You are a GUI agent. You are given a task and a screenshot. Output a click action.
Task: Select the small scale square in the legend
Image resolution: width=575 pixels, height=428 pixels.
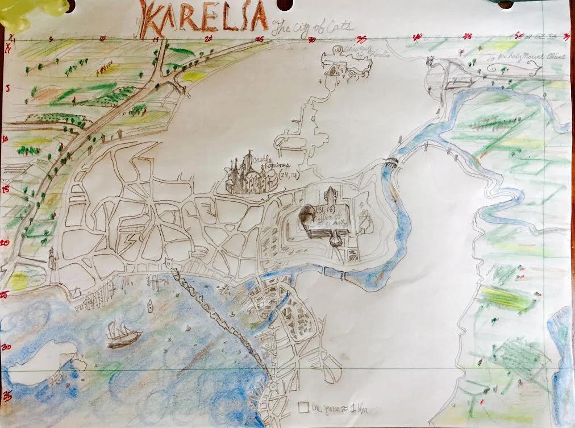[303, 407]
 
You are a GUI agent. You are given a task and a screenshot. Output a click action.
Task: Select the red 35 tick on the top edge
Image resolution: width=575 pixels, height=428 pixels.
[361, 39]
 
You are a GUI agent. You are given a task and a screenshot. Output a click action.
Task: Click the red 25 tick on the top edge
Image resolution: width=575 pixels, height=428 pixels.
[259, 39]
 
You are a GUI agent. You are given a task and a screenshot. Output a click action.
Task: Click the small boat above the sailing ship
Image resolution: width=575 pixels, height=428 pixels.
[150, 307]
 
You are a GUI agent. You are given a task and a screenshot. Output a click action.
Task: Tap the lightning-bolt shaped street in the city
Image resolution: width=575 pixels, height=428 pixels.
[131, 239]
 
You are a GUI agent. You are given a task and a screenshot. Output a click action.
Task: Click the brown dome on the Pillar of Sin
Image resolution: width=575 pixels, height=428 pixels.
[307, 215]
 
